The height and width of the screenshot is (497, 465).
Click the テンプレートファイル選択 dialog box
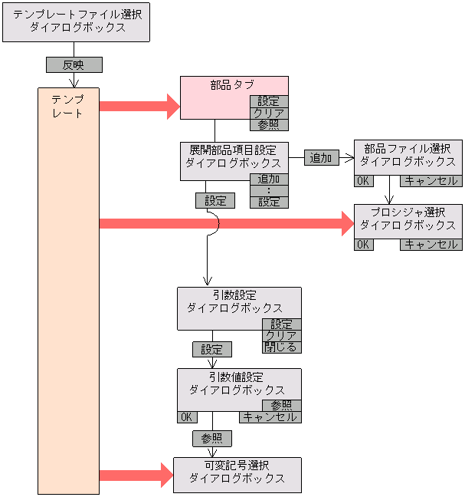pos(76,21)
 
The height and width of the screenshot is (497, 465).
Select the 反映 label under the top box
pos(74,65)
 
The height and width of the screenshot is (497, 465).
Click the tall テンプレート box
pos(68,291)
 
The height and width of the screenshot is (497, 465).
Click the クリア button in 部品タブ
pos(269,113)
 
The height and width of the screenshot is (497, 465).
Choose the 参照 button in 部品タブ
pos(269,124)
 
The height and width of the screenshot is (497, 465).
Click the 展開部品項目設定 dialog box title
pos(234,156)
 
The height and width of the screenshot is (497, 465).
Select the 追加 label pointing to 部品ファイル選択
pos(321,158)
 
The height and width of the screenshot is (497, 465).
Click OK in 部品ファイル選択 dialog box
pos(363,181)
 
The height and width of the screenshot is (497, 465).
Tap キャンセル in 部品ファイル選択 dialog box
pos(431,181)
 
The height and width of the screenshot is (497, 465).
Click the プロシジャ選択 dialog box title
pos(408,219)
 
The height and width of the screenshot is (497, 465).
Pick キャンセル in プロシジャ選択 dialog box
pos(431,245)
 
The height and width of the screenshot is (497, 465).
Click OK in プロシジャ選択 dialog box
pos(363,245)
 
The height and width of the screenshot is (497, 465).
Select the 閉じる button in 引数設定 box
pos(282,347)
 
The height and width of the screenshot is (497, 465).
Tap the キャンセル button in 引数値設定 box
pos(270,417)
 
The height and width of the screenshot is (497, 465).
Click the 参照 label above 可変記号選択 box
pos(211,438)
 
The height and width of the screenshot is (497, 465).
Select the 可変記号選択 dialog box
pos(237,475)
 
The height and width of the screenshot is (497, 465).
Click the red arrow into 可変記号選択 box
pos(135,475)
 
